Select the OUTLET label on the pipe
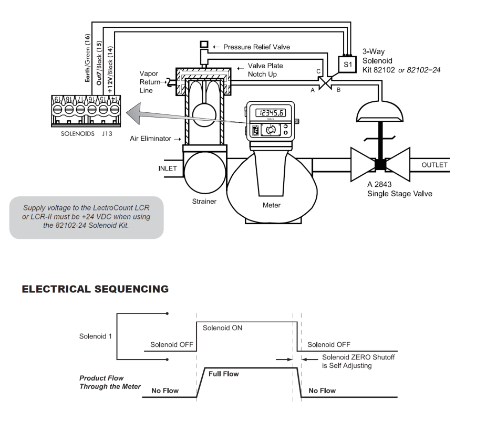tap(434, 165)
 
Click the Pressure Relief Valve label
tap(255, 47)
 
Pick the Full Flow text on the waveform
tap(224, 374)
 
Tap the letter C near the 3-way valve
tap(318, 71)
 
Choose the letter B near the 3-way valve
tap(339, 90)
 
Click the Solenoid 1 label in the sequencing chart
tap(95, 336)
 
